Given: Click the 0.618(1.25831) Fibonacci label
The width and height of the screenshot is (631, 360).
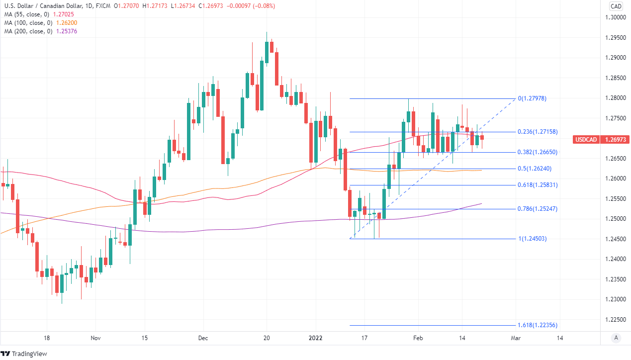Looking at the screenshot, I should point(537,185).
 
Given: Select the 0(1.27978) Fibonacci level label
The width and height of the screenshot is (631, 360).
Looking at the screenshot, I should point(532,98).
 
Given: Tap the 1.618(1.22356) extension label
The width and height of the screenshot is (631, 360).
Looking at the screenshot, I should point(537,325).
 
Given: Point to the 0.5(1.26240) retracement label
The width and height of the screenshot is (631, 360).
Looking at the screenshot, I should point(535,169).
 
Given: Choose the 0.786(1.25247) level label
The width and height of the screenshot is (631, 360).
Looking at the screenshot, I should point(537,209).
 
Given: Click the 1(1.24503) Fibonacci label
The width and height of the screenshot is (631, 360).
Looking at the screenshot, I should point(533,239).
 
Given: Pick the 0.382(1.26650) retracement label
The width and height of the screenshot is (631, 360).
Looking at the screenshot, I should point(537,152).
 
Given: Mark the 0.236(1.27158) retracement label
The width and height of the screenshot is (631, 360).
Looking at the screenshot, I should point(537,132).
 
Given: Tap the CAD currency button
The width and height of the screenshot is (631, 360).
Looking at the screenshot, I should point(616,6).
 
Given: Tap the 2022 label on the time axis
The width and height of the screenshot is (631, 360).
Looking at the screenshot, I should point(316,338).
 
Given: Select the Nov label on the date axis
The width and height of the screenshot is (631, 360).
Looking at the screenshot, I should point(96,338).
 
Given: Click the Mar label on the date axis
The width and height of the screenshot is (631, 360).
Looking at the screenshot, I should point(516,338).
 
